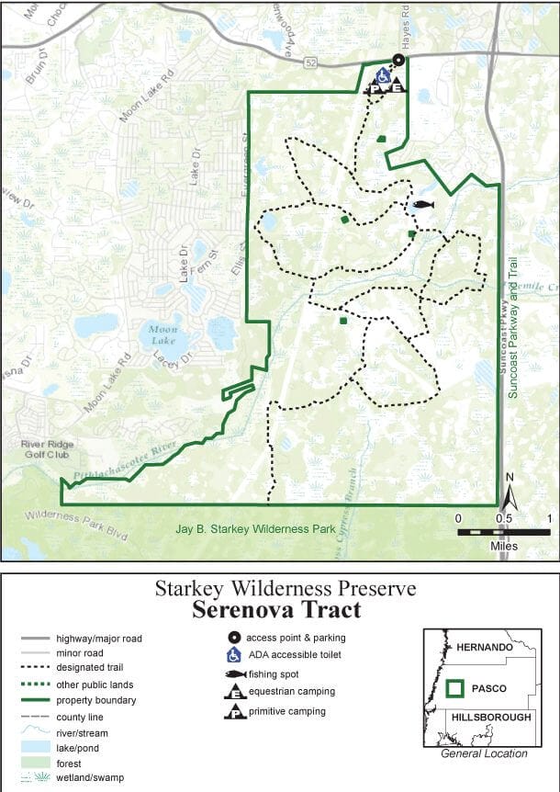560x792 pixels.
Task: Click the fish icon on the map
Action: click(422, 204)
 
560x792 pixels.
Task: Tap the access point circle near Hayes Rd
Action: click(398, 60)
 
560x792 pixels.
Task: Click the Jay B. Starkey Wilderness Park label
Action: click(255, 529)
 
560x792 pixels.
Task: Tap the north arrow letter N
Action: click(510, 477)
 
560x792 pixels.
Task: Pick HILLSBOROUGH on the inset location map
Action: click(488, 717)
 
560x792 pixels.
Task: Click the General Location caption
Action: click(485, 753)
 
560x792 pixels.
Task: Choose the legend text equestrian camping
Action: click(292, 692)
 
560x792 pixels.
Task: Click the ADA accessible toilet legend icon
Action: click(235, 655)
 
